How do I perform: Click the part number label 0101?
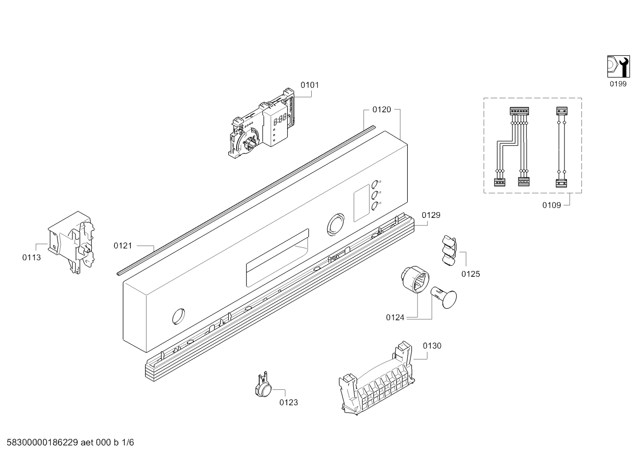point(309,85)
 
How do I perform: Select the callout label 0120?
point(381,109)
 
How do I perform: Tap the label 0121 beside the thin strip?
point(123,246)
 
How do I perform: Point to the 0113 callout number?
point(32,258)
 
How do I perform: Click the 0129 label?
point(431,215)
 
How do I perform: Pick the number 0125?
point(471,274)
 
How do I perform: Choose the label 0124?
point(395,317)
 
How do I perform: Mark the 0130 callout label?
point(432,346)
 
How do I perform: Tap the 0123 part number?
point(289,402)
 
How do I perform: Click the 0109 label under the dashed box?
point(552,205)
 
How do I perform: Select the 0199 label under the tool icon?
point(618,84)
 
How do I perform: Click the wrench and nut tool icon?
point(619,67)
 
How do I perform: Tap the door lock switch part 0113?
point(71,242)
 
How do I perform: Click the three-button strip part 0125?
point(449,250)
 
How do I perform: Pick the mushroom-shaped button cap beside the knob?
point(444,297)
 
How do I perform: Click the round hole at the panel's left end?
point(179,316)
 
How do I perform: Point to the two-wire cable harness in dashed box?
point(561,147)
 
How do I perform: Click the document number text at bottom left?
point(71,442)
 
